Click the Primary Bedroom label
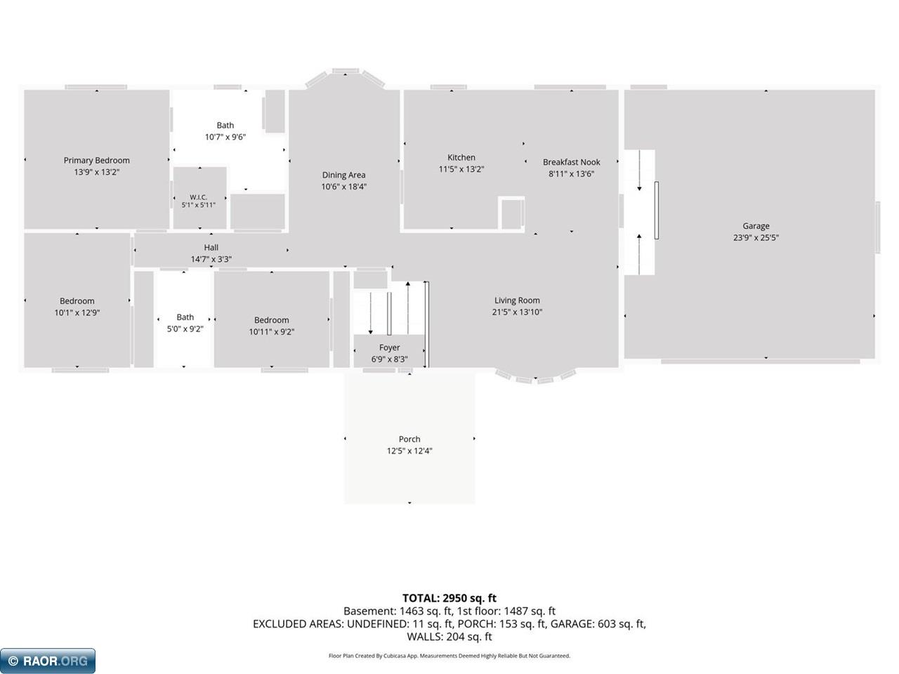[x=97, y=160]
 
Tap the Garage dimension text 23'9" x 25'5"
[x=756, y=237]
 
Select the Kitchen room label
[x=461, y=157]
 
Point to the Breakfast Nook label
[x=571, y=162]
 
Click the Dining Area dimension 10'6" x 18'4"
[x=343, y=187]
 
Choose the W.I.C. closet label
[x=199, y=197]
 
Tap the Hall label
[x=211, y=248]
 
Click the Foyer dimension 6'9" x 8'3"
[x=390, y=359]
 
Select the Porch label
[x=409, y=439]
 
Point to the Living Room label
[x=517, y=300]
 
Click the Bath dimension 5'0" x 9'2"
[x=185, y=329]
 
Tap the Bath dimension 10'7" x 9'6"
[x=225, y=137]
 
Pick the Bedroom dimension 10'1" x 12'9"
[x=77, y=313]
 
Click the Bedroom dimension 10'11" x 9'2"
[x=272, y=332]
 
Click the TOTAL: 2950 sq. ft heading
[x=449, y=598]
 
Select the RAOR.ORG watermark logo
[x=48, y=661]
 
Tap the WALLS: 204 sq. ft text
[x=449, y=637]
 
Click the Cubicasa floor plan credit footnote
[x=449, y=656]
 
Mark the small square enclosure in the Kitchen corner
[x=511, y=213]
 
